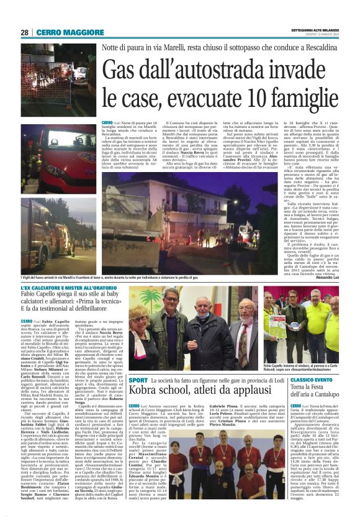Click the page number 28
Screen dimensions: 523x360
pyautogui.click(x=24, y=32)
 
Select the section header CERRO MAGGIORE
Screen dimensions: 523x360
pyautogui.click(x=60, y=32)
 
